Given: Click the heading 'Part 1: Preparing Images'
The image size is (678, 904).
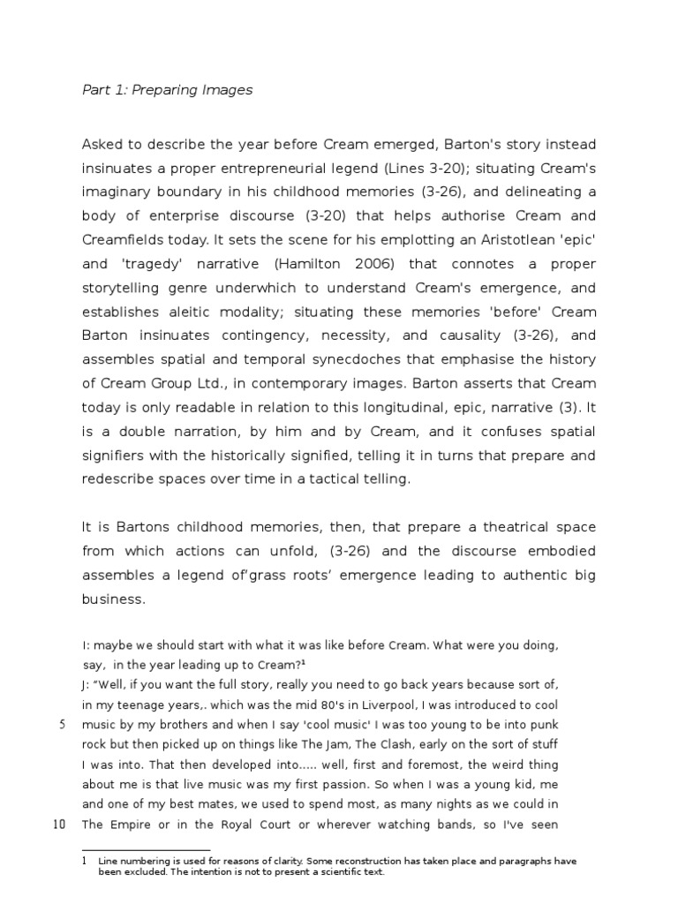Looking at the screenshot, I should coord(167,90).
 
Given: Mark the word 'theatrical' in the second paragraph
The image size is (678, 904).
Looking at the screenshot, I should coord(497,527).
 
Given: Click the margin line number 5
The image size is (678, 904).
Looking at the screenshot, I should coord(62,725).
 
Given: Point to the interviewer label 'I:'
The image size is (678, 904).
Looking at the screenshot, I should coord(87,645).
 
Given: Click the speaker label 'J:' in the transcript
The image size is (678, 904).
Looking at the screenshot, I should coord(87,685).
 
